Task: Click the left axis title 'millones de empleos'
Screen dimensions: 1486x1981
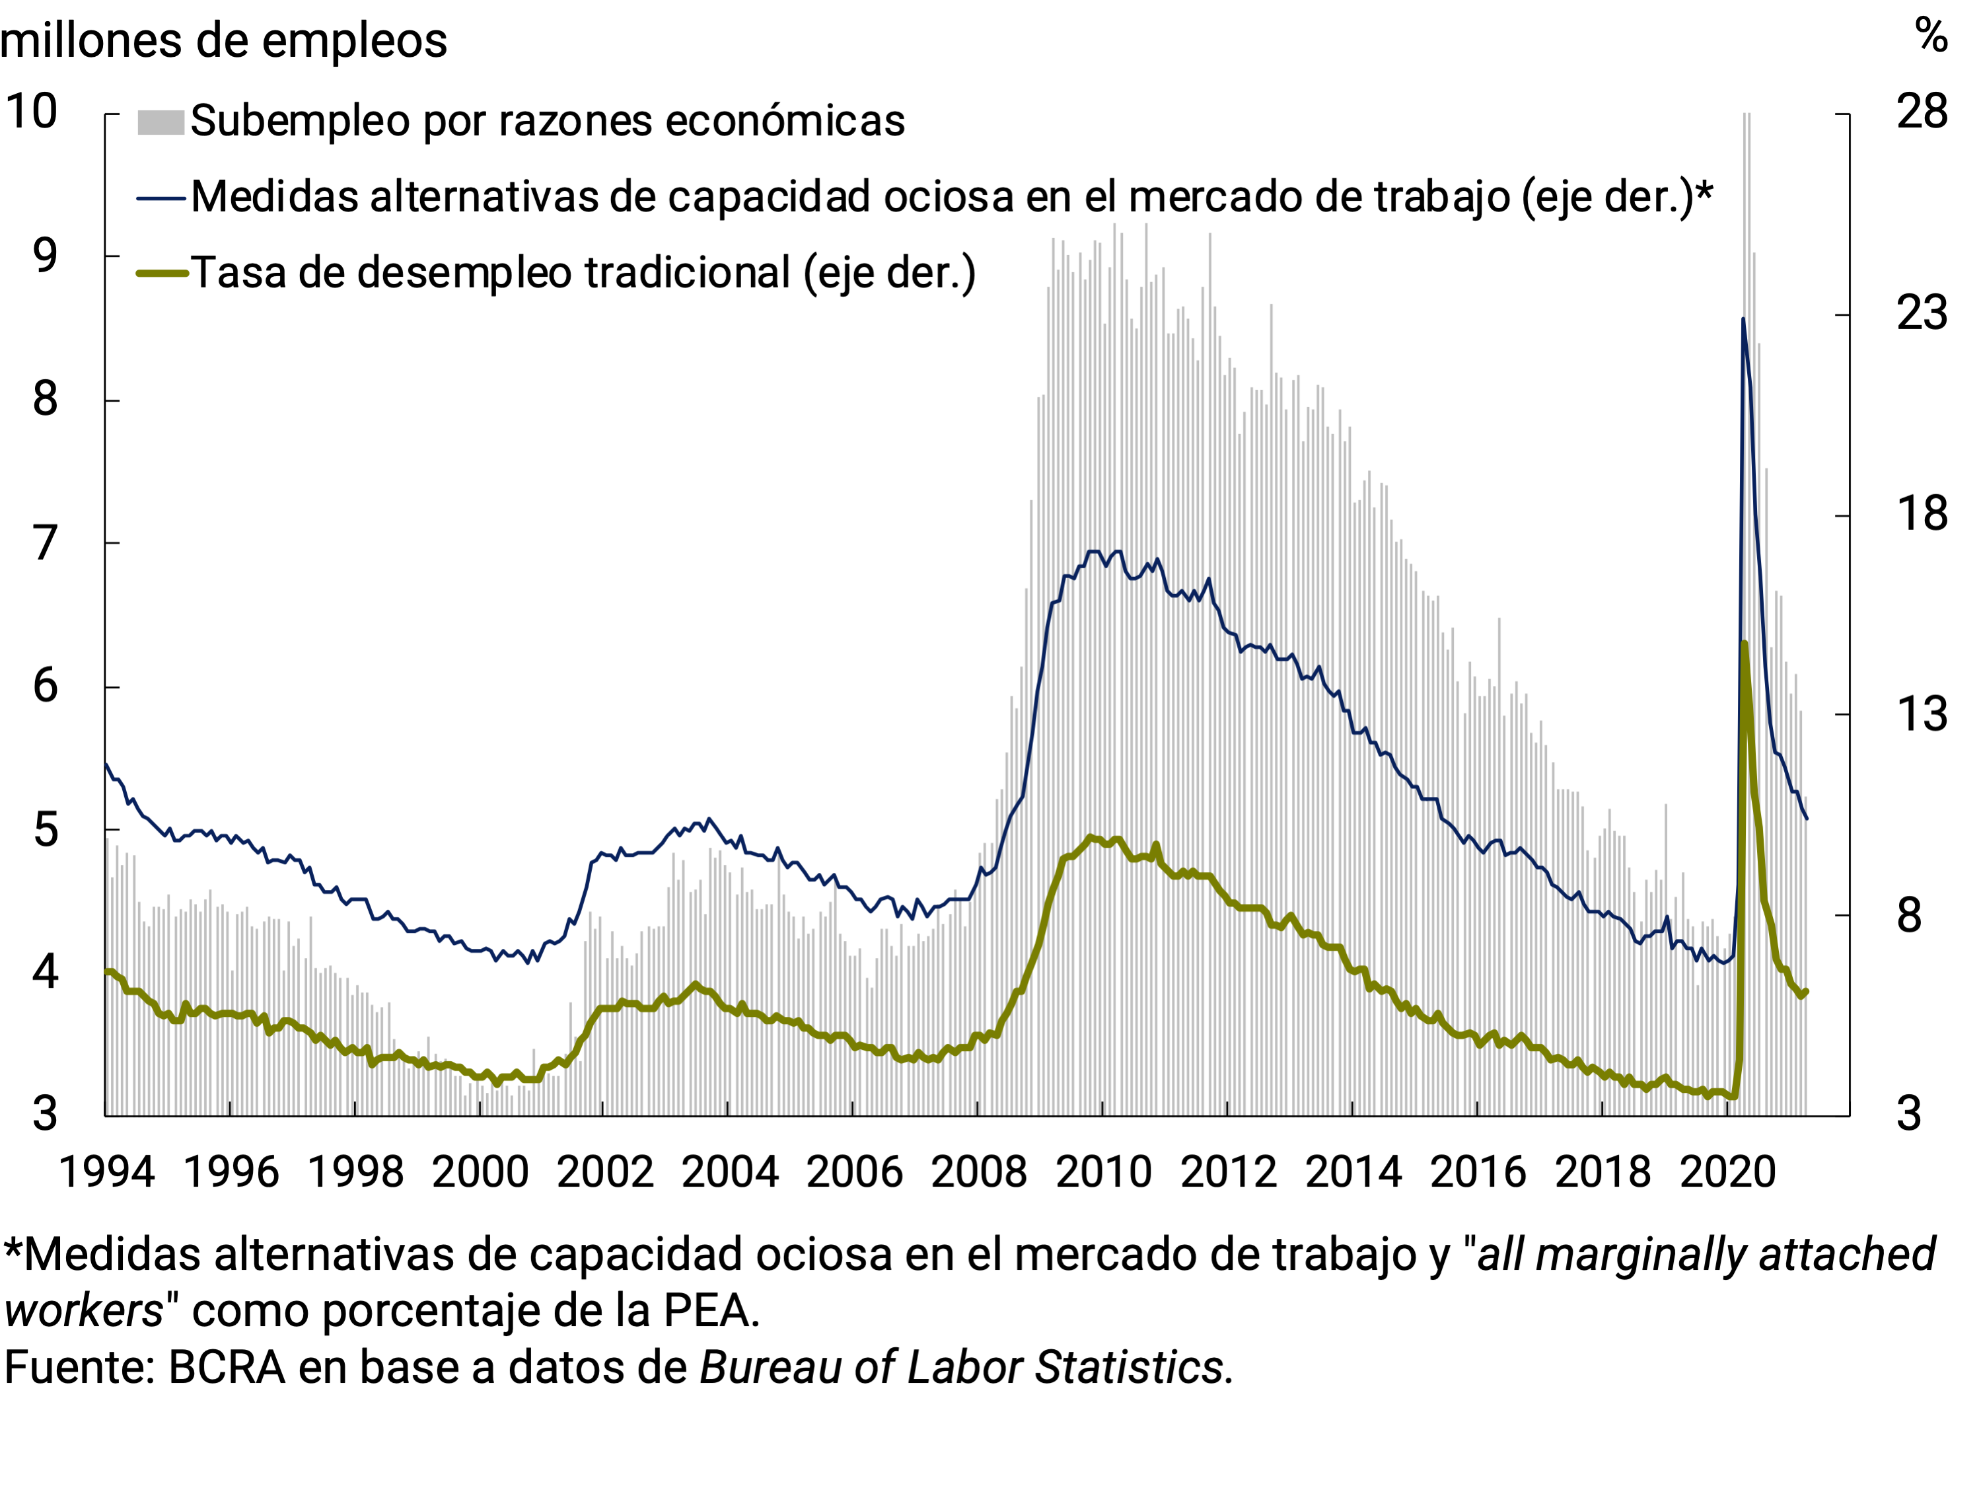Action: tap(223, 41)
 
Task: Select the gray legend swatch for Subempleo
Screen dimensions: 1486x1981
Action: tap(161, 122)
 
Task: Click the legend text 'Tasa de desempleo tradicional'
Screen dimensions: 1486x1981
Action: tap(582, 272)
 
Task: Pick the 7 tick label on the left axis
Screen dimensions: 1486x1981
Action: tap(45, 543)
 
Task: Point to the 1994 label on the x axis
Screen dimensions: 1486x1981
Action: tap(106, 1171)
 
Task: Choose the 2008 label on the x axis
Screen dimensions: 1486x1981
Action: tap(979, 1171)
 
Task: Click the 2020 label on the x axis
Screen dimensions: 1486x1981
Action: tap(1727, 1171)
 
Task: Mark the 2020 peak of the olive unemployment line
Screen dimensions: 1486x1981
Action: tap(1744, 643)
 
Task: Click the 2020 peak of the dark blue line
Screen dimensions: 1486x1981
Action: tap(1743, 319)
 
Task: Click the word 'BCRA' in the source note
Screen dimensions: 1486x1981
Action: tap(227, 1368)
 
